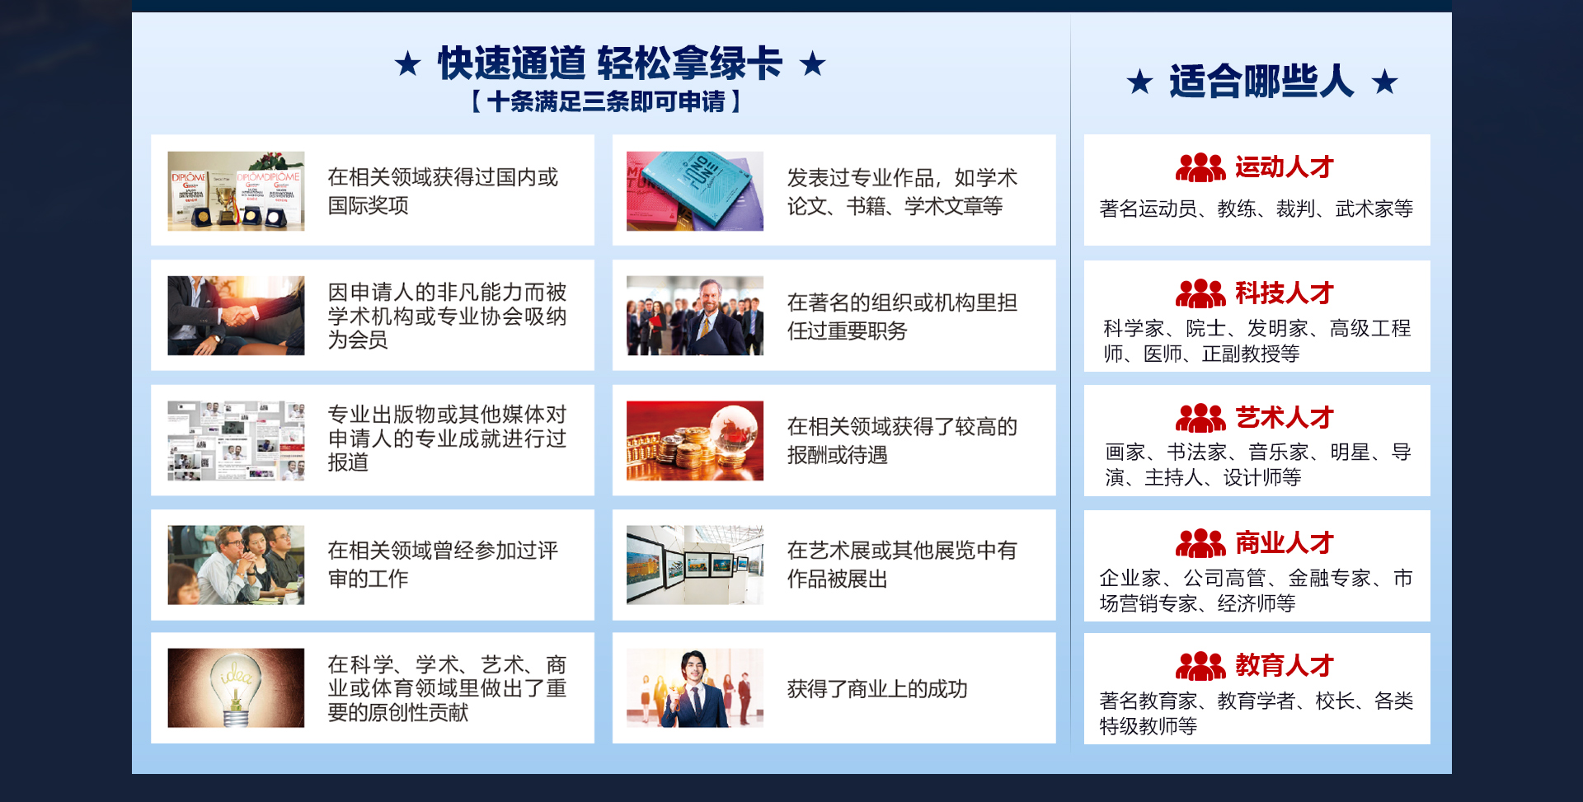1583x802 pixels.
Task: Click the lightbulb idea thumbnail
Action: tap(236, 687)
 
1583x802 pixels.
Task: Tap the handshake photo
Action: tap(236, 315)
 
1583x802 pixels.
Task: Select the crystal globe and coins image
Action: tap(695, 440)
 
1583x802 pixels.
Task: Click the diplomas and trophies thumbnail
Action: tap(236, 190)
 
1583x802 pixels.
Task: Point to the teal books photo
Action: tap(695, 190)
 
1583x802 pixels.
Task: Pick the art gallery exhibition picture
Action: tap(695, 565)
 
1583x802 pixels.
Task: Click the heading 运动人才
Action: tap(1284, 167)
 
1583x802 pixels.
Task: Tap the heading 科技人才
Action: tap(1284, 293)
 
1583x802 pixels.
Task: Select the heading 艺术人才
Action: tap(1284, 417)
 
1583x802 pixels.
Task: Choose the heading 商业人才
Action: tap(1284, 542)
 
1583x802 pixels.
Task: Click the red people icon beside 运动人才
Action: tap(1200, 167)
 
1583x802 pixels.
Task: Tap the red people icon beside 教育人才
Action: tap(1200, 665)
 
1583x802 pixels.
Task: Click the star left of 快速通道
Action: tap(407, 63)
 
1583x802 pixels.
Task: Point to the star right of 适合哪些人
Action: tap(1384, 82)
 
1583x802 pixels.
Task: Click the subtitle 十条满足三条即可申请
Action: tap(606, 101)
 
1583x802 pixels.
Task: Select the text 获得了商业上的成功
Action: tap(877, 688)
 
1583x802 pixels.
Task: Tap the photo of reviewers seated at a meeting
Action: tap(236, 565)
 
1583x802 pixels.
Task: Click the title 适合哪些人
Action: tap(1261, 82)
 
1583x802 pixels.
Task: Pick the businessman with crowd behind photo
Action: tap(695, 315)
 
